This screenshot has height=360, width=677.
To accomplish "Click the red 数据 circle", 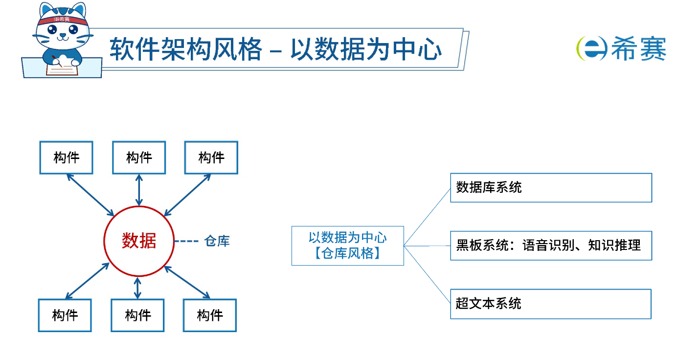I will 139,241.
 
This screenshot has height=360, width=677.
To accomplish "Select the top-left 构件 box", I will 66,157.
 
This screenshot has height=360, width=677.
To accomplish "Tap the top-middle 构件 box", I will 139,157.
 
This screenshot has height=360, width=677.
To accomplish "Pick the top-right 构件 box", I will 211,157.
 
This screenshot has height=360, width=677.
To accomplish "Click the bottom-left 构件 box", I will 65,315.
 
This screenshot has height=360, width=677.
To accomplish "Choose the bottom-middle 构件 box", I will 137,315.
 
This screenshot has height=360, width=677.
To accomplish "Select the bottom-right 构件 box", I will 210,315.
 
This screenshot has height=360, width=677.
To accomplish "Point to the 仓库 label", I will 217,241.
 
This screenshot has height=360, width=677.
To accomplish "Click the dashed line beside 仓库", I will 186,241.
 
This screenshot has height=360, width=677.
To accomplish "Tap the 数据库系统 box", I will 551,187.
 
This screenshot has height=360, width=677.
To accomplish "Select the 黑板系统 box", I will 551,246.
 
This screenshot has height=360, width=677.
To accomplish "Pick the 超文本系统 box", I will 550,304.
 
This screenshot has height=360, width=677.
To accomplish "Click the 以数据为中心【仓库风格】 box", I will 347,246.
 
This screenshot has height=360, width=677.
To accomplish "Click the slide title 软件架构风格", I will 186,49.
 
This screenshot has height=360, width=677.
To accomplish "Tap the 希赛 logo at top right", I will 621,48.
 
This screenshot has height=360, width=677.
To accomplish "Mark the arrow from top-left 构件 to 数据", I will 90,195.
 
